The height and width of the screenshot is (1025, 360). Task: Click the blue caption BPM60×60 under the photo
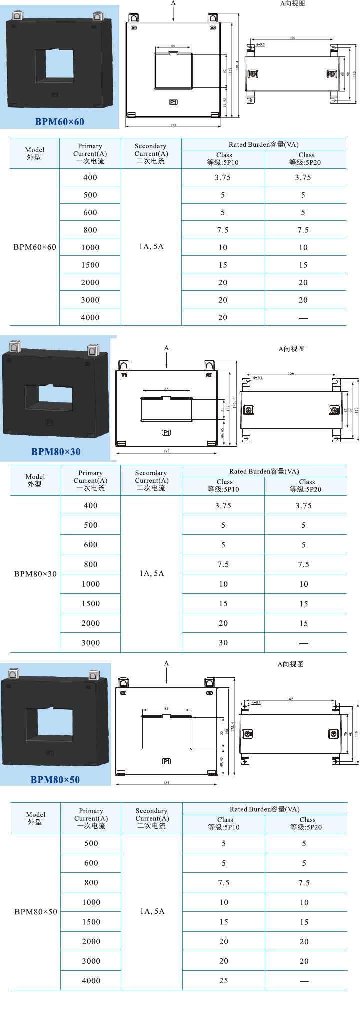[x=59, y=122]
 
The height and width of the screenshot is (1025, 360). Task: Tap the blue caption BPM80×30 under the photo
[x=56, y=452]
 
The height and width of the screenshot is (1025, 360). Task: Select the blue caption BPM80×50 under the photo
[x=55, y=780]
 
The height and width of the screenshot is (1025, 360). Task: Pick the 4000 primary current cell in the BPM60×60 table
[x=90, y=317]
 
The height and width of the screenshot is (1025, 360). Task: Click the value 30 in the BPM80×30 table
[x=223, y=643]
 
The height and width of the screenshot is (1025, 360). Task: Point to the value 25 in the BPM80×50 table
[x=224, y=981]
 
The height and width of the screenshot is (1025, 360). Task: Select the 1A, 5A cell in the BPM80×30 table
[x=152, y=573]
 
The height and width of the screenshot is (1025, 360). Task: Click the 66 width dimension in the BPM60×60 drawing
[x=173, y=46]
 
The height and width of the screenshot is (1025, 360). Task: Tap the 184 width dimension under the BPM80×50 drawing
[x=166, y=783]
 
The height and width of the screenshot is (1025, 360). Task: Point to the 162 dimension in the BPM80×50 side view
[x=290, y=699]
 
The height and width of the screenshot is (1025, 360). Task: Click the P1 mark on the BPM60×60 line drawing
[x=173, y=102]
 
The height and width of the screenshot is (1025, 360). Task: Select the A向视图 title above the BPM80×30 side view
[x=291, y=349]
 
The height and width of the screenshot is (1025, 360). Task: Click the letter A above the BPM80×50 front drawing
[x=166, y=663]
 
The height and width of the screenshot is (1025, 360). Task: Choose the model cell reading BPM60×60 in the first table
[x=35, y=247]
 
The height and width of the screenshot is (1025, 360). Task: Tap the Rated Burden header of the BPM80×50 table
[x=264, y=809]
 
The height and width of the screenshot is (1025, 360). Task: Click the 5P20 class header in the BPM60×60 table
[x=306, y=159]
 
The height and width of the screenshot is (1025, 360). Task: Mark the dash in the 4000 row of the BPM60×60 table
[x=303, y=318]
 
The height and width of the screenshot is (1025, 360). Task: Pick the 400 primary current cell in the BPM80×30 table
[x=91, y=505]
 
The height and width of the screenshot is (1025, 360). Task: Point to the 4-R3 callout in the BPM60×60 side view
[x=260, y=45]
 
